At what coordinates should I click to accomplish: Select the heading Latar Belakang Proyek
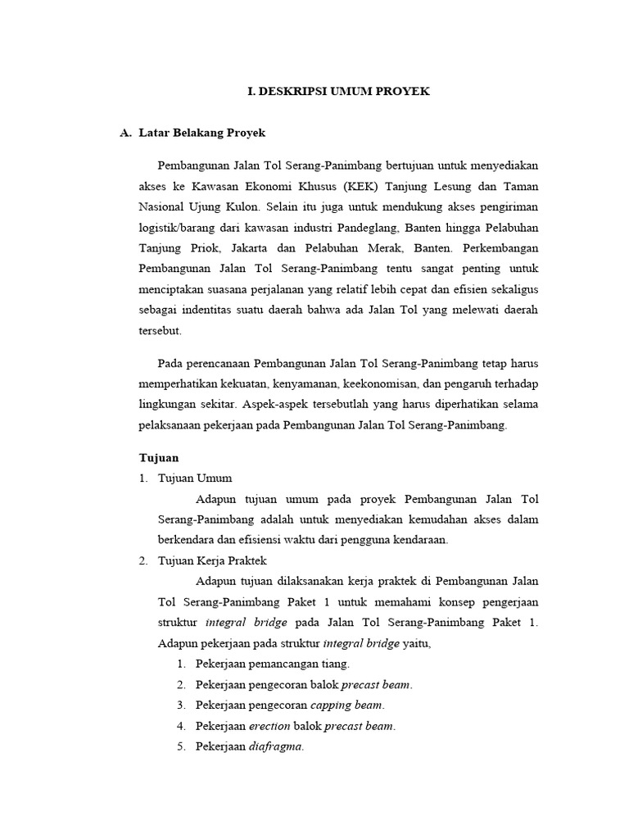coord(202,132)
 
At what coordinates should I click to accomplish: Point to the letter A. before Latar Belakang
coord(125,132)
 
